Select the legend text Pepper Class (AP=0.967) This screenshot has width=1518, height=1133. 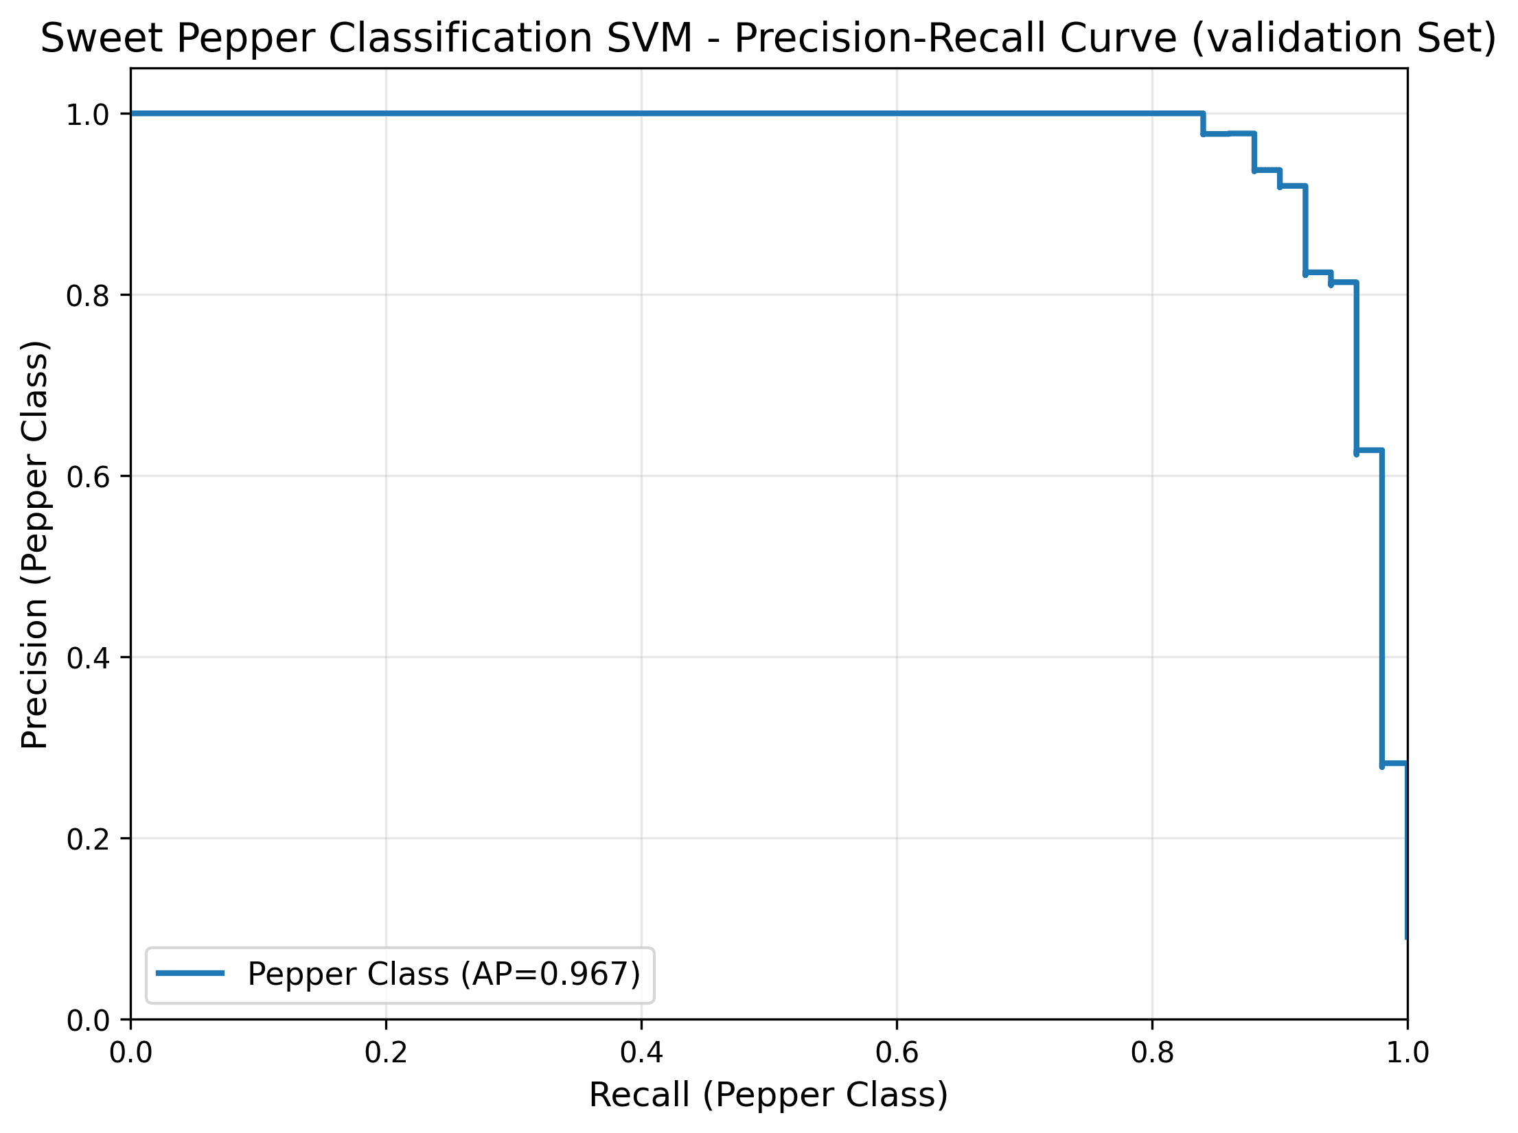point(444,974)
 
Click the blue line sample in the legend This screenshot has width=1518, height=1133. point(190,973)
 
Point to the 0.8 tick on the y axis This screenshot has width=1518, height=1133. point(88,296)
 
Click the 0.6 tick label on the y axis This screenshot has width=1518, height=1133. point(88,477)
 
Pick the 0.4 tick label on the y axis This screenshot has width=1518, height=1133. point(88,658)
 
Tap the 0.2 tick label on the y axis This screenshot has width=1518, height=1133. point(88,839)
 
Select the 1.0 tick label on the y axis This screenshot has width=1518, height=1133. point(88,115)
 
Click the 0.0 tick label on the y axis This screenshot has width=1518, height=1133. point(88,1021)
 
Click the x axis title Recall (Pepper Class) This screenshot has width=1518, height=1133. point(768,1095)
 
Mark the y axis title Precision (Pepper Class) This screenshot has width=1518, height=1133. point(34,544)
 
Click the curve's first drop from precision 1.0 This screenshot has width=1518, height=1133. point(1203,124)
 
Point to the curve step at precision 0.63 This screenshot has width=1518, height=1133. point(1369,450)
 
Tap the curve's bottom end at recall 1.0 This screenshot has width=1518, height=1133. point(1406,937)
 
